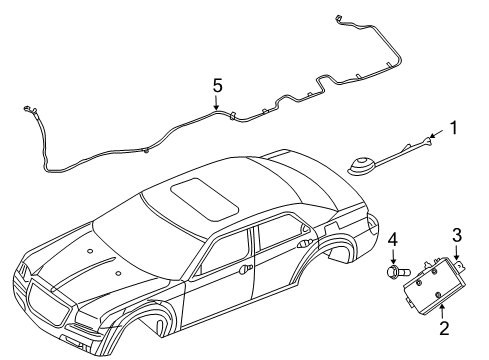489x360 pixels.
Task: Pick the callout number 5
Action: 217,87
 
